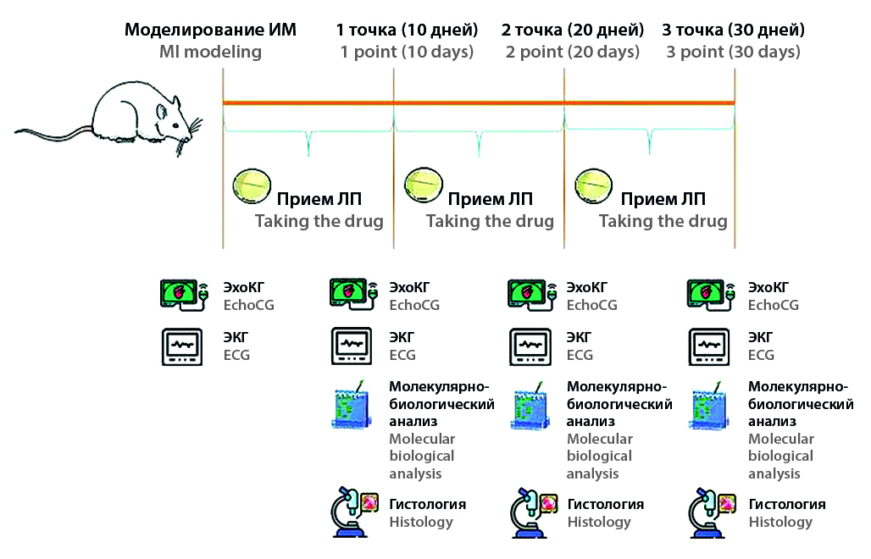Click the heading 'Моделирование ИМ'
click(211, 30)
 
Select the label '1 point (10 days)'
click(407, 52)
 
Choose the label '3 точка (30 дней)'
click(734, 30)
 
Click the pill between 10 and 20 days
click(423, 181)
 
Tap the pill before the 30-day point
click(594, 181)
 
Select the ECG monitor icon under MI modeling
click(182, 346)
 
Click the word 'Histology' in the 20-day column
click(599, 522)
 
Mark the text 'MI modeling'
click(211, 52)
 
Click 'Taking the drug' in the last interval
click(663, 221)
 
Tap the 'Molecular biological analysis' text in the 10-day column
click(423, 456)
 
